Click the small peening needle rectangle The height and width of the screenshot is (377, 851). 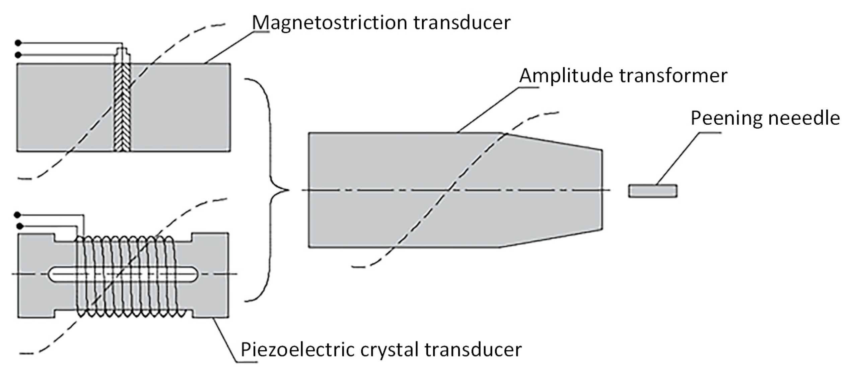(x=652, y=191)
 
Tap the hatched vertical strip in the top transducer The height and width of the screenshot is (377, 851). (x=122, y=107)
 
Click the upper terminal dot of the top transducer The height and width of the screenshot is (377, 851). (x=18, y=43)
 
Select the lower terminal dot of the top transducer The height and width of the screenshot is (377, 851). (x=18, y=55)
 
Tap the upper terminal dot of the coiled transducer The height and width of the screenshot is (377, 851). (x=18, y=215)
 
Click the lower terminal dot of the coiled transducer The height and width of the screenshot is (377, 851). (x=20, y=226)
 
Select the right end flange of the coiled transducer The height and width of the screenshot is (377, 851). (x=210, y=275)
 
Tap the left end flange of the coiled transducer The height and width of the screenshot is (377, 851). (x=35, y=275)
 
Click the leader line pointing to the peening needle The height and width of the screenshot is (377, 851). (x=678, y=158)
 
